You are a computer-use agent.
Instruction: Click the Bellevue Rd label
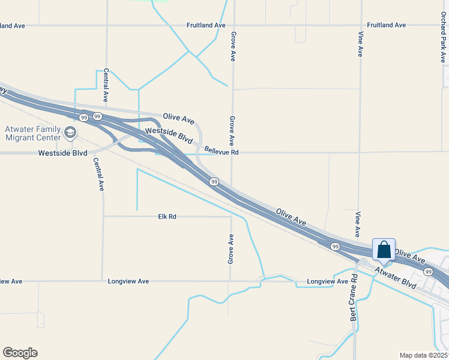221,152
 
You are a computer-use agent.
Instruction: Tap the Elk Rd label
167,216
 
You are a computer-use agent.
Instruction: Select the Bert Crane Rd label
354,298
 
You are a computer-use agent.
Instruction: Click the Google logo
20,353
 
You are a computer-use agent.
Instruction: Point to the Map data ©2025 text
423,355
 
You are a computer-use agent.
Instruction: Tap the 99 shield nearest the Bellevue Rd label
214,181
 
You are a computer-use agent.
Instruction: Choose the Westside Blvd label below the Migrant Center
62,153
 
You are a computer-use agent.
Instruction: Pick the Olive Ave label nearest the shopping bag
409,256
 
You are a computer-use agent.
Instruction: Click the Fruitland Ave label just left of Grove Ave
206,25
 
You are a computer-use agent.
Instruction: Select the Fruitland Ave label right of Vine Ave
387,25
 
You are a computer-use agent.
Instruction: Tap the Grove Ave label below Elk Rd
231,249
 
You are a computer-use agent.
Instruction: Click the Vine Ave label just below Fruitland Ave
361,44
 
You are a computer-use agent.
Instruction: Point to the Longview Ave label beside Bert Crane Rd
327,281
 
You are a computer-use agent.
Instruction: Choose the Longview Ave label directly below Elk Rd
128,281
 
